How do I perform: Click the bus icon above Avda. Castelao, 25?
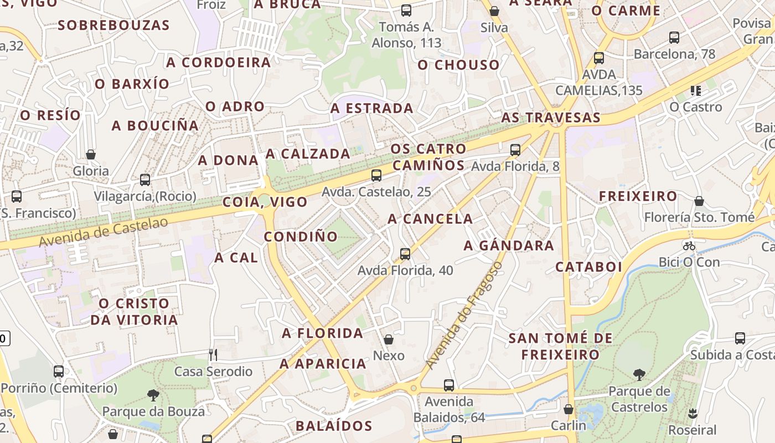[x=376, y=176]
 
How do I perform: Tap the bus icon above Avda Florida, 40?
[x=405, y=254]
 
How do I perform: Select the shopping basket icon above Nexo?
[x=389, y=339]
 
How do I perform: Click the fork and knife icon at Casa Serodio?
[x=213, y=354]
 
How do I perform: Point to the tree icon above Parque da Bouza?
[x=153, y=395]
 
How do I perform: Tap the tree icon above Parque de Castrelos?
[x=639, y=375]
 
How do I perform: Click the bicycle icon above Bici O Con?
[x=689, y=246]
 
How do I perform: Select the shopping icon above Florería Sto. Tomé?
[x=699, y=201]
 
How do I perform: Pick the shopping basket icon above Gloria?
[x=91, y=154]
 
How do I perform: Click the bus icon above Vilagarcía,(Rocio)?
[x=145, y=180]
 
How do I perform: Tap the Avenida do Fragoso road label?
[x=464, y=316]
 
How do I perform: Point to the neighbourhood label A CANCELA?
[x=430, y=219]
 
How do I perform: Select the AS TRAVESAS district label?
[x=551, y=117]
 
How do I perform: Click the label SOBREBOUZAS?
[x=113, y=25]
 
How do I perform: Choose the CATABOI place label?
[x=589, y=267]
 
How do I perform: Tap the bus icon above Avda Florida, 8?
[x=515, y=150]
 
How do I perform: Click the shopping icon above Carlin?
[x=568, y=409]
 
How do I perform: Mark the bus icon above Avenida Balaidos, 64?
[x=449, y=385]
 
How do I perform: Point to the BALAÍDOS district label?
[x=334, y=426]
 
